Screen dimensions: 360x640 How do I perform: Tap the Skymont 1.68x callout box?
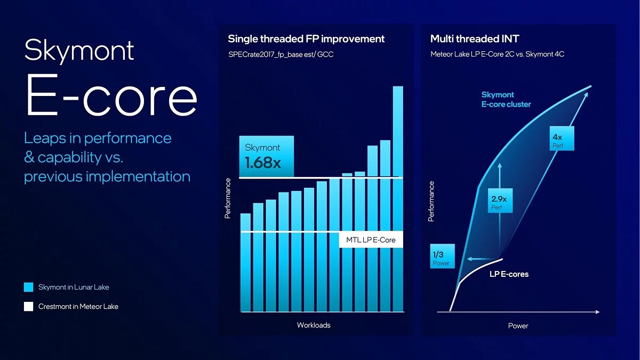266,156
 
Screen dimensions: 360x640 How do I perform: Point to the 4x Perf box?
558,141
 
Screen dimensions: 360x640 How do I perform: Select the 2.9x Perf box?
500,203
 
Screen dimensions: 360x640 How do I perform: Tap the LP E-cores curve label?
509,274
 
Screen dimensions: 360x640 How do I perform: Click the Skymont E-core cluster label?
506,100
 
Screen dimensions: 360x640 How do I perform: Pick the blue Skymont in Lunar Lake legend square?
29,287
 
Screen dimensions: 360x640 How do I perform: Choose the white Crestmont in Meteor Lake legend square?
29,307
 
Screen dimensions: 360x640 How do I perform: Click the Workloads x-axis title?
314,325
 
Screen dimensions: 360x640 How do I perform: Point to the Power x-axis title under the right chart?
518,325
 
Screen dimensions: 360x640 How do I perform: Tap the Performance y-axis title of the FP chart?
228,198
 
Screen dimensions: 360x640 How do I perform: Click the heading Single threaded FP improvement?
306,39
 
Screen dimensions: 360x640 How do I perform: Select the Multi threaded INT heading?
474,39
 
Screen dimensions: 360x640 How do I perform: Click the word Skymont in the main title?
79,51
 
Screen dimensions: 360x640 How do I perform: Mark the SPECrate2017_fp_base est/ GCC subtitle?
281,54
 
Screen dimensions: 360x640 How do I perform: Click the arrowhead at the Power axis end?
597,311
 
